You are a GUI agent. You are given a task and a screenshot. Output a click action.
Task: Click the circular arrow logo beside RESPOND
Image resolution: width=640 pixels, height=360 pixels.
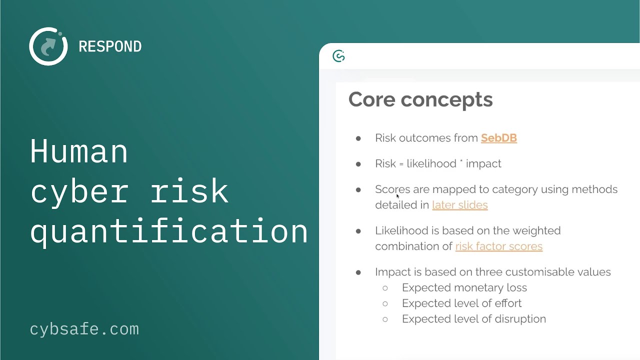[48, 46]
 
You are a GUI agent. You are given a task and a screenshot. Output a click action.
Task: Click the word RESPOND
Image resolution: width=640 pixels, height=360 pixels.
[110, 46]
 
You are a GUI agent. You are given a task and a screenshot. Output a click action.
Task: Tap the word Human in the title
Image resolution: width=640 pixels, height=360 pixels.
[79, 151]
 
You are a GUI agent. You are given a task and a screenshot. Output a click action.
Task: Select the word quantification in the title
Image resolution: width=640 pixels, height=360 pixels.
[169, 231]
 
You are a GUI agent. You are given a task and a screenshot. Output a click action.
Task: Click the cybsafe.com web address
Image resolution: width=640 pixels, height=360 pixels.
[84, 329]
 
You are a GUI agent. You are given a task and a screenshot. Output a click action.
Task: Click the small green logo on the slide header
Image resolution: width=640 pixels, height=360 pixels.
[338, 56]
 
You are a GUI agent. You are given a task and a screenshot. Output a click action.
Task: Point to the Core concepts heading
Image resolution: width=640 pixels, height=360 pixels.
[420, 99]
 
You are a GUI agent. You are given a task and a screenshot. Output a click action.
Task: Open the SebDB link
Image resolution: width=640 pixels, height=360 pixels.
[498, 138]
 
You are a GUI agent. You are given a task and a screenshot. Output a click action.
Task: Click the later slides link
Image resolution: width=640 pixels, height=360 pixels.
[459, 205]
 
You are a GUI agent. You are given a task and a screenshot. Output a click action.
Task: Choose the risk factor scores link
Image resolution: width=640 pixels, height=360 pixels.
[498, 246]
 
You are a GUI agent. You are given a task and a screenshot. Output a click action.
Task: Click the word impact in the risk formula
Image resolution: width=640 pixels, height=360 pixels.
[483, 164]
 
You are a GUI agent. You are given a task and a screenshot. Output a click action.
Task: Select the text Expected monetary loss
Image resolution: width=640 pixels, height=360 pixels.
[464, 287]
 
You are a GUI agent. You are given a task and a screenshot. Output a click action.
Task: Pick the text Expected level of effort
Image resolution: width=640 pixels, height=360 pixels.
[461, 303]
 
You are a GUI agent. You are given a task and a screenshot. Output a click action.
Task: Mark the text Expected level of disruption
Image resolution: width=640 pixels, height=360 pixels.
[473, 319]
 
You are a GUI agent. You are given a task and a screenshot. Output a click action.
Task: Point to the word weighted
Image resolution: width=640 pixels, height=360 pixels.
[538, 230]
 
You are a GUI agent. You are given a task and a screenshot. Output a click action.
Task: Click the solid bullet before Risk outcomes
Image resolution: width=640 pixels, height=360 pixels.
[358, 138]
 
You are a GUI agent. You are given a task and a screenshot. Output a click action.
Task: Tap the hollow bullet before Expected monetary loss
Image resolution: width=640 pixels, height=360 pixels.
[385, 288]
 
